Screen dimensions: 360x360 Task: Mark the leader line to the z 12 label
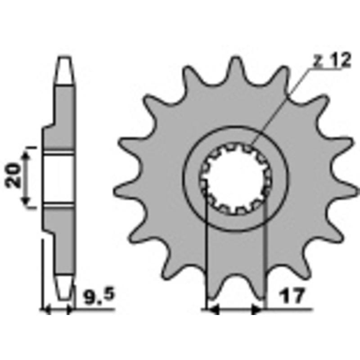tap(279, 108)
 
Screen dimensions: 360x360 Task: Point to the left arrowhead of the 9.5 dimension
tap(45, 310)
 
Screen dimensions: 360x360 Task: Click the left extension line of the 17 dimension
tap(206, 252)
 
